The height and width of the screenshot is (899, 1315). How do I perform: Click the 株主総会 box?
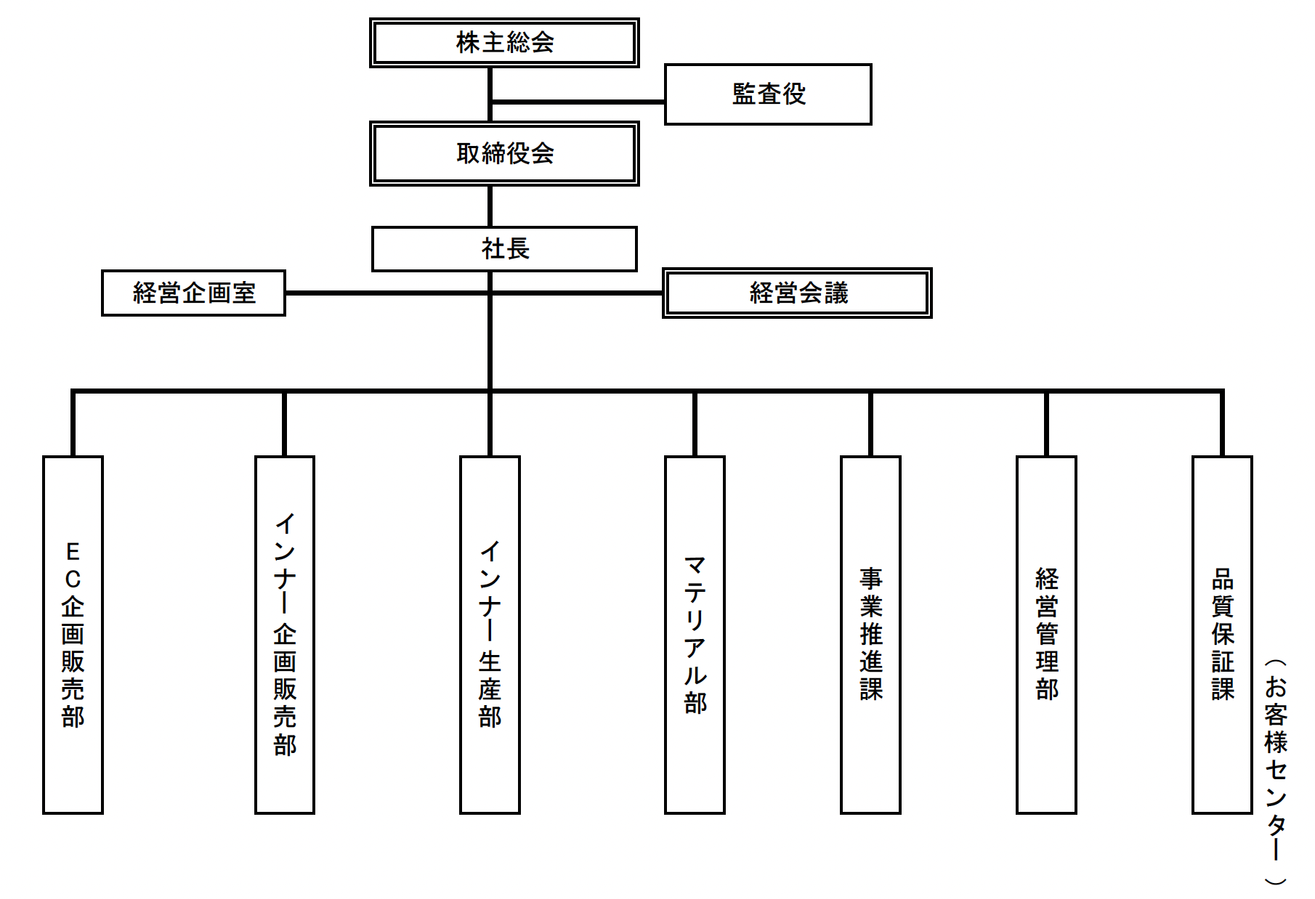click(x=504, y=43)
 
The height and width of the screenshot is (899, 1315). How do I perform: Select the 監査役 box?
click(x=768, y=94)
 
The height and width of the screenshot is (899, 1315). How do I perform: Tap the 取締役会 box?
click(x=504, y=153)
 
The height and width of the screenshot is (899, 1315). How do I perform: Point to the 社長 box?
click(x=504, y=249)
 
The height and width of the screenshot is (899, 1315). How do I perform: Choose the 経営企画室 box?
click(x=193, y=293)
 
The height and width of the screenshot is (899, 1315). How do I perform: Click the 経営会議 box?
click(x=797, y=293)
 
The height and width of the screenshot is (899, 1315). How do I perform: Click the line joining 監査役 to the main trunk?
click(x=578, y=102)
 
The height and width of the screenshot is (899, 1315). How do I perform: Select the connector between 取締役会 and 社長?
click(x=490, y=206)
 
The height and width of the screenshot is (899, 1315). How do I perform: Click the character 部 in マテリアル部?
click(x=695, y=703)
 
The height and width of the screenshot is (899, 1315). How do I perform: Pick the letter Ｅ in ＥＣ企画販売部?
click(x=73, y=552)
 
